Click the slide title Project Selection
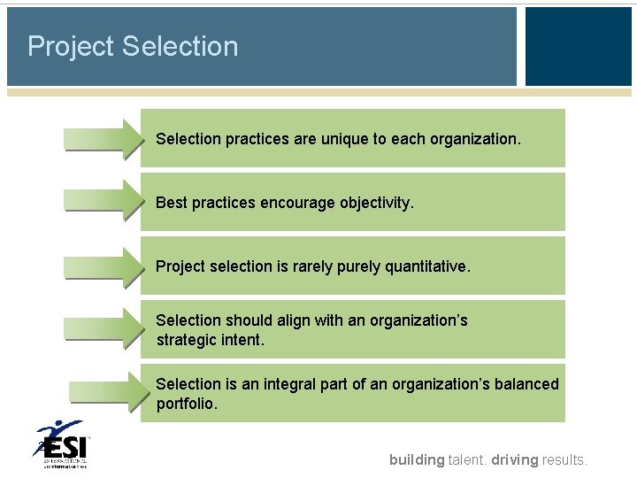coord(133,46)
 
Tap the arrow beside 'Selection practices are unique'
coord(102,139)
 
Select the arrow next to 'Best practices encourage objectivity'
coord(102,203)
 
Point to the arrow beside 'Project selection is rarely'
coord(102,266)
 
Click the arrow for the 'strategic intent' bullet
coord(102,329)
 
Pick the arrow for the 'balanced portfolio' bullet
coord(104,392)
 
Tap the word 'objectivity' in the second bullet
coord(376,203)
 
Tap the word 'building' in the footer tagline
coord(417,459)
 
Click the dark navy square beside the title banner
coord(578,46)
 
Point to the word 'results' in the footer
coord(564,459)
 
